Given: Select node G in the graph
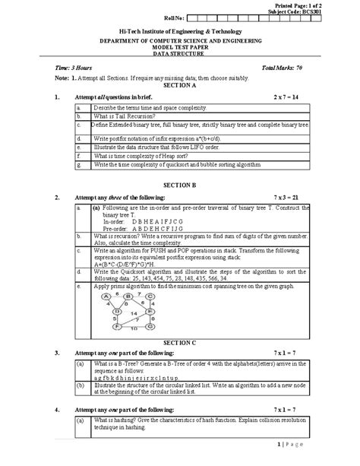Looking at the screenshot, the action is click(x=150, y=328).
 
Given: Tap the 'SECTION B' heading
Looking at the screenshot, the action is click(x=179, y=185).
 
